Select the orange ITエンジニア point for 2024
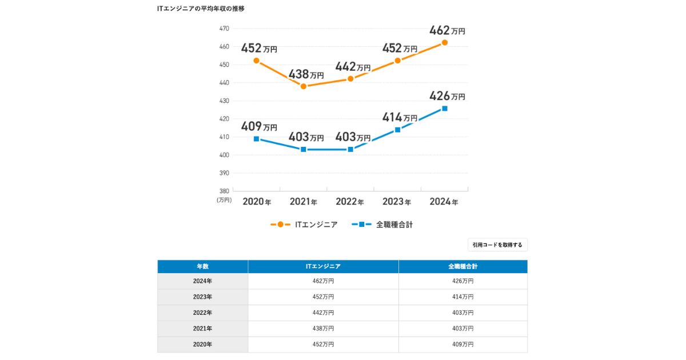pyautogui.click(x=444, y=42)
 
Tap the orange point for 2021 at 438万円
pyautogui.click(x=303, y=86)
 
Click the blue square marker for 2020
pyautogui.click(x=256, y=139)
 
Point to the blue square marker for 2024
pyautogui.click(x=444, y=109)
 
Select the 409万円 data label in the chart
pyautogui.click(x=258, y=126)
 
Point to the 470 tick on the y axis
pyautogui.click(x=224, y=28)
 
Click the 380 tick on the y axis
pyautogui.click(x=224, y=191)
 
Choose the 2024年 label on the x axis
pyautogui.click(x=444, y=202)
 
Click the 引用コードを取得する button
pyautogui.click(x=497, y=245)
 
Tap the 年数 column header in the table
pyautogui.click(x=203, y=266)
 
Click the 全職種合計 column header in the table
pyautogui.click(x=462, y=266)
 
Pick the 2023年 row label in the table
pyautogui.click(x=203, y=297)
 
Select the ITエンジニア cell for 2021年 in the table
pyautogui.click(x=323, y=329)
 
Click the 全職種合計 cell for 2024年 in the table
pyautogui.click(x=462, y=281)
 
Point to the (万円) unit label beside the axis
pyautogui.click(x=224, y=200)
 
